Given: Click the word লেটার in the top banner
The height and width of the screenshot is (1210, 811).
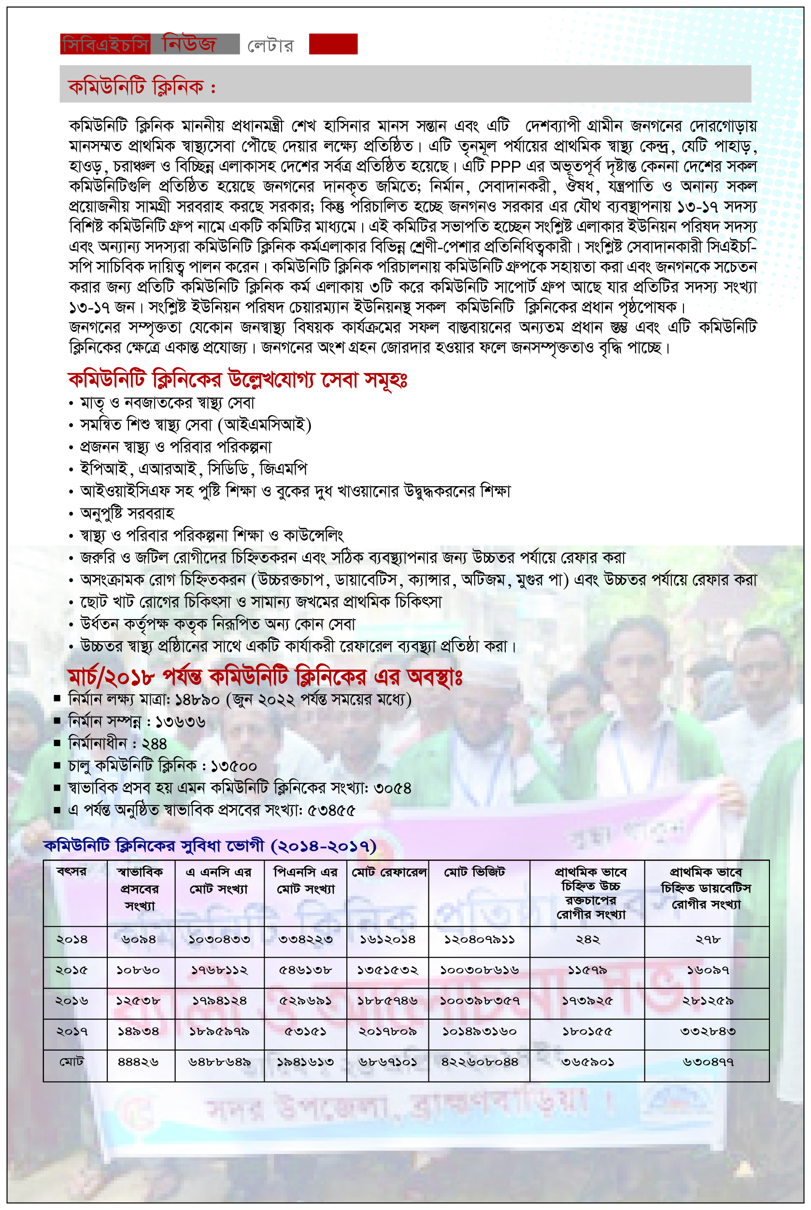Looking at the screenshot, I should click(x=270, y=45).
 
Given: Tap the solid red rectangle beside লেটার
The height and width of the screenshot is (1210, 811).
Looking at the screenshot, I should click(x=333, y=44).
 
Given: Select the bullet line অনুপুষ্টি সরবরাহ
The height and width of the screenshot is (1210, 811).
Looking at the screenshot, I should click(x=127, y=513).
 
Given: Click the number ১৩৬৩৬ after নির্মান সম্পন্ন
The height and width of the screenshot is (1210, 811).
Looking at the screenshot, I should click(x=180, y=722).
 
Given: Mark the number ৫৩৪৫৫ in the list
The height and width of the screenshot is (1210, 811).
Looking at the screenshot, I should click(x=331, y=811).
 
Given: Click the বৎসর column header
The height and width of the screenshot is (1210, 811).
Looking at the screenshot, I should click(x=72, y=872).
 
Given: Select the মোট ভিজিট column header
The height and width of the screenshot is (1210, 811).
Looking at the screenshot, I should click(x=474, y=873).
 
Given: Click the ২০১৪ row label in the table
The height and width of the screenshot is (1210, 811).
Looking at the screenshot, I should click(x=72, y=939).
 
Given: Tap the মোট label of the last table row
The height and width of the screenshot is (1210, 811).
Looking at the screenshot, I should click(x=71, y=1062).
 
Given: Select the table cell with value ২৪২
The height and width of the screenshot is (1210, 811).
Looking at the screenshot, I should click(x=587, y=939).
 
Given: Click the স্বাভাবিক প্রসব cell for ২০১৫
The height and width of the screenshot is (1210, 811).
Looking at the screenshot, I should click(x=138, y=970).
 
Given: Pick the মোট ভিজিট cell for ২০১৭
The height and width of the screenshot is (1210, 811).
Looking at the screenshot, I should click(x=479, y=1032).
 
